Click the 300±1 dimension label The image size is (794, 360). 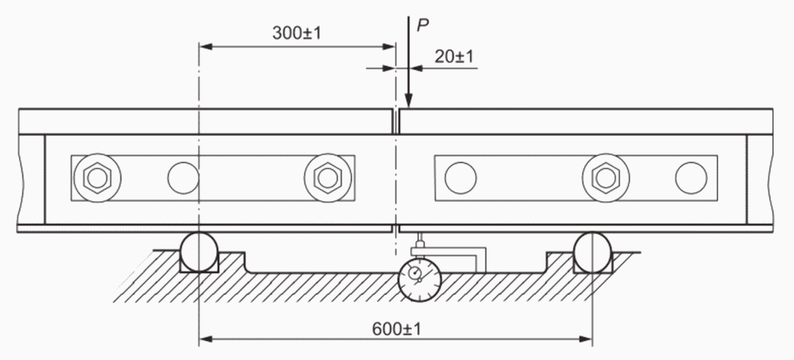click(x=296, y=33)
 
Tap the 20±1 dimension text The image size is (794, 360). click(x=454, y=57)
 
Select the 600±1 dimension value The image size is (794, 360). click(x=396, y=329)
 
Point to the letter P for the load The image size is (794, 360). click(x=422, y=26)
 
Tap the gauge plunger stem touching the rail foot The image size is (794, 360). click(x=420, y=238)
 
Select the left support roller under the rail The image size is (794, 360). click(x=199, y=251)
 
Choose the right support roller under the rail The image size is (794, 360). click(x=592, y=251)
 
